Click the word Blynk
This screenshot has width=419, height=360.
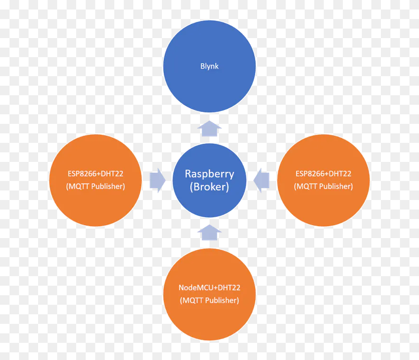(209, 66)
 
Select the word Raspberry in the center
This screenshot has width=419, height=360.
(209, 174)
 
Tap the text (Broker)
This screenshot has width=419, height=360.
(209, 187)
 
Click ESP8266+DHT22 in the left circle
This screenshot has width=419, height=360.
(95, 174)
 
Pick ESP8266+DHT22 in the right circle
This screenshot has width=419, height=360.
(323, 174)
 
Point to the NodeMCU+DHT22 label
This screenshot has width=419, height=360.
(209, 288)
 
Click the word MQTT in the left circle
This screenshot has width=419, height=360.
(79, 186)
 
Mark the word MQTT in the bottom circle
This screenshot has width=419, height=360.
(193, 300)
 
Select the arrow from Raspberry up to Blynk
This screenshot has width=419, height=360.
(209, 129)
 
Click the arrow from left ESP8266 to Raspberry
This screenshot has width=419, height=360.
(157, 180)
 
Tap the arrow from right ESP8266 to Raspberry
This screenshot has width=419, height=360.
(262, 180)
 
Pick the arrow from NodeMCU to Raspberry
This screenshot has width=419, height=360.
(209, 232)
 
